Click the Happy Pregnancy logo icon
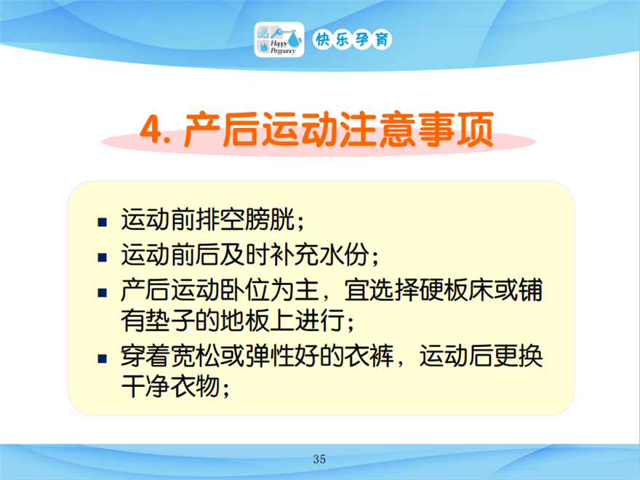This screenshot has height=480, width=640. [x=279, y=39]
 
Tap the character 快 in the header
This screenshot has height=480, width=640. [x=322, y=39]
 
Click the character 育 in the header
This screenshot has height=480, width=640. [x=382, y=39]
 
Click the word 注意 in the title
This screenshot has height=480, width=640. [x=376, y=129]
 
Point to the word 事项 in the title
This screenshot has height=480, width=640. [x=455, y=129]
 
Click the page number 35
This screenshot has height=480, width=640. [x=319, y=459]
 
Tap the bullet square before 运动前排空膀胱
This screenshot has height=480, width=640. [x=102, y=222]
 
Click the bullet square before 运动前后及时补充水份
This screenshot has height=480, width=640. [x=102, y=257]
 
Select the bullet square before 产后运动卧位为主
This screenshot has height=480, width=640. [x=102, y=292]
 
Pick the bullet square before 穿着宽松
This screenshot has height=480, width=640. [x=102, y=359]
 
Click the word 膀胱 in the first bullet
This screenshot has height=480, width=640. [x=270, y=220]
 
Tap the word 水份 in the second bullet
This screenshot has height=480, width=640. [x=345, y=255]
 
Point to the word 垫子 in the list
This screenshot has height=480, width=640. [x=170, y=321]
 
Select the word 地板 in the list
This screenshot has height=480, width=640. [x=245, y=321]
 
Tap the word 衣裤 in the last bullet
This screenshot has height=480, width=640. [x=369, y=356]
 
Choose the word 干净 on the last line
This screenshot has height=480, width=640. [x=145, y=385]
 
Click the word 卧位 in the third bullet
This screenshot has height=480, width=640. [x=245, y=290]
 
